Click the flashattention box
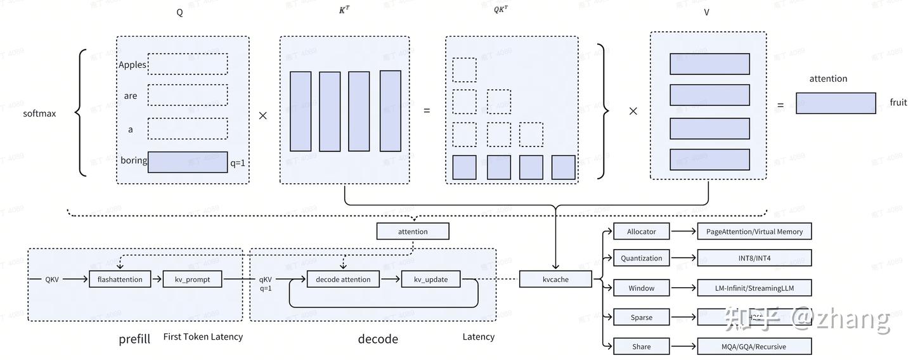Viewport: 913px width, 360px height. pyautogui.click(x=120, y=279)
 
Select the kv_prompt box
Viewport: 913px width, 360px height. pyautogui.click(x=193, y=279)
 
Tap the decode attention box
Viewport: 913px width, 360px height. pyautogui.click(x=343, y=279)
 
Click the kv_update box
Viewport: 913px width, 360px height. pyautogui.click(x=431, y=279)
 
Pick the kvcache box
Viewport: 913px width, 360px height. pyautogui.click(x=555, y=279)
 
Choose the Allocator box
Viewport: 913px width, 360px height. pyautogui.click(x=641, y=231)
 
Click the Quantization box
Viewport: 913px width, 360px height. pyautogui.click(x=641, y=258)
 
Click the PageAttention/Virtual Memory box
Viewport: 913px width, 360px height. pyautogui.click(x=754, y=231)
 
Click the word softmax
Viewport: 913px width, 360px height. pyautogui.click(x=39, y=113)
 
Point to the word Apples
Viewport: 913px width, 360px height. pyautogui.click(x=132, y=65)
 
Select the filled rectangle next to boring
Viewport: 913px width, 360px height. pyautogui.click(x=188, y=162)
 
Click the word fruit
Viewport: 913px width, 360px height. pyautogui.click(x=898, y=103)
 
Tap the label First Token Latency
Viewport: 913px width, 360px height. pyautogui.click(x=203, y=337)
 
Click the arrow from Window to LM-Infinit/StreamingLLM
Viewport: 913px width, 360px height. pyautogui.click(x=683, y=288)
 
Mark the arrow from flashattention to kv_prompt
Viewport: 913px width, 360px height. pyautogui.click(x=157, y=279)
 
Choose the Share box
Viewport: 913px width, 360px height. pyautogui.click(x=641, y=346)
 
